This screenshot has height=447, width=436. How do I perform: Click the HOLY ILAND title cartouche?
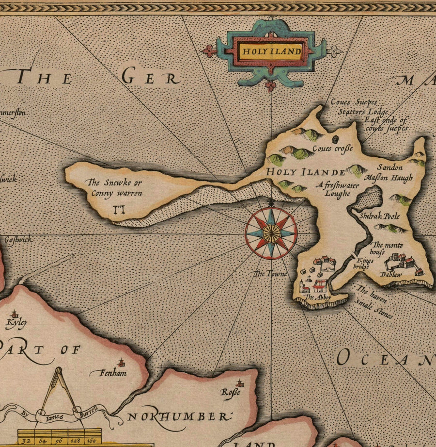(x=271, y=51)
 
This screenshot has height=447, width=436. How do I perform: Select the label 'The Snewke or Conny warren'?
(x=114, y=188)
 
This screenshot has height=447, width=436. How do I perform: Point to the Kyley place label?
(x=16, y=322)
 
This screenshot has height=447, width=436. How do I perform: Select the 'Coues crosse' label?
(x=332, y=149)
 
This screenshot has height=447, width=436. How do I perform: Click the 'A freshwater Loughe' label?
(x=333, y=189)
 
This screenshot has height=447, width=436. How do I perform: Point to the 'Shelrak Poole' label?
(x=379, y=216)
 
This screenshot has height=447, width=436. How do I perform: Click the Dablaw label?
(x=391, y=275)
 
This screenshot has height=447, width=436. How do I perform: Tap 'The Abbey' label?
(x=313, y=297)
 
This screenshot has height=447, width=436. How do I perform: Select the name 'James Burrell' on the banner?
(x=68, y=413)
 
